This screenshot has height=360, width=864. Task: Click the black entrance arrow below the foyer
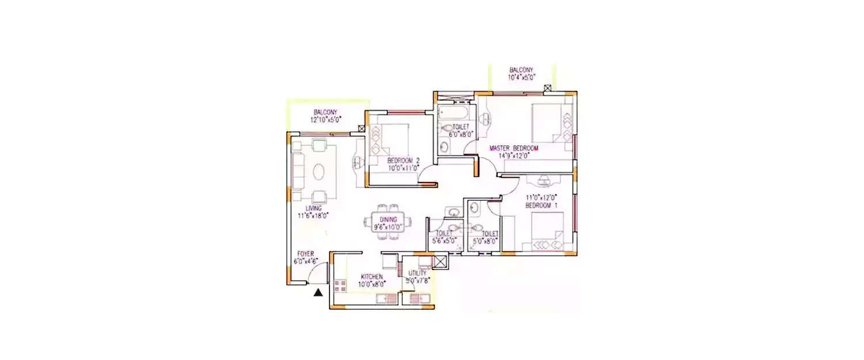(x=317, y=293)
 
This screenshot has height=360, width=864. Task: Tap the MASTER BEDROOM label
(x=514, y=149)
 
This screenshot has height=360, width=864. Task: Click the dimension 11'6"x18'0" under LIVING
(x=313, y=216)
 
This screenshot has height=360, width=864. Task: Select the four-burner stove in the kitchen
(x=339, y=286)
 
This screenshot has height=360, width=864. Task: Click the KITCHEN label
(x=372, y=276)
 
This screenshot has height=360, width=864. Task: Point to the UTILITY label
(x=417, y=273)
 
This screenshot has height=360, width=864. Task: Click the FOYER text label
(x=305, y=253)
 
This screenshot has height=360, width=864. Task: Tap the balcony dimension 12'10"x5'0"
(x=325, y=120)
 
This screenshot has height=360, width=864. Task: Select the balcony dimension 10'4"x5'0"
(x=522, y=77)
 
